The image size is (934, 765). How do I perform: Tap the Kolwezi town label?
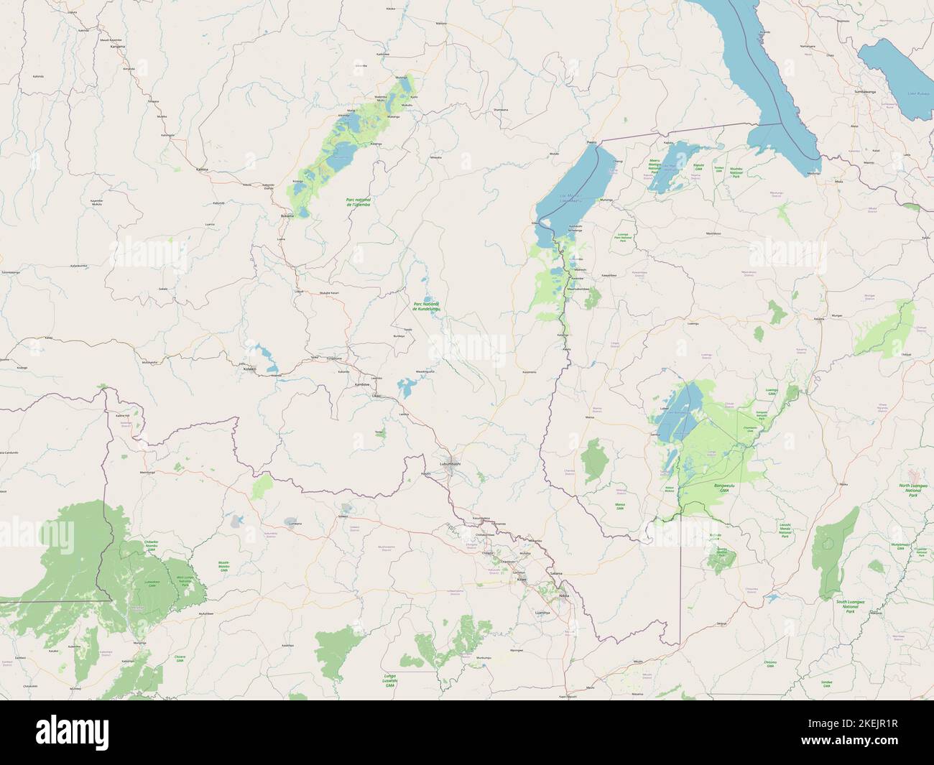pyautogui.click(x=249, y=368)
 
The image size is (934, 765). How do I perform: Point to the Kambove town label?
pyautogui.click(x=361, y=384)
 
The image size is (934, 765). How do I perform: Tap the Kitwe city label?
pyautogui.click(x=522, y=578)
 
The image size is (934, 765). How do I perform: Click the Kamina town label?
pyautogui.click(x=201, y=170)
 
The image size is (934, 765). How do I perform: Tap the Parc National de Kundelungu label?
pyautogui.click(x=427, y=306)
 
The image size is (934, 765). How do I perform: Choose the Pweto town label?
pyautogui.click(x=592, y=143)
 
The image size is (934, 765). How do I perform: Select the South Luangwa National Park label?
pyautogui.click(x=850, y=606)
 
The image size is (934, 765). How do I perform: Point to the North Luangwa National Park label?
pyautogui.click(x=913, y=490)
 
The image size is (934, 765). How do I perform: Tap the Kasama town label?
pyautogui.click(x=818, y=318)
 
